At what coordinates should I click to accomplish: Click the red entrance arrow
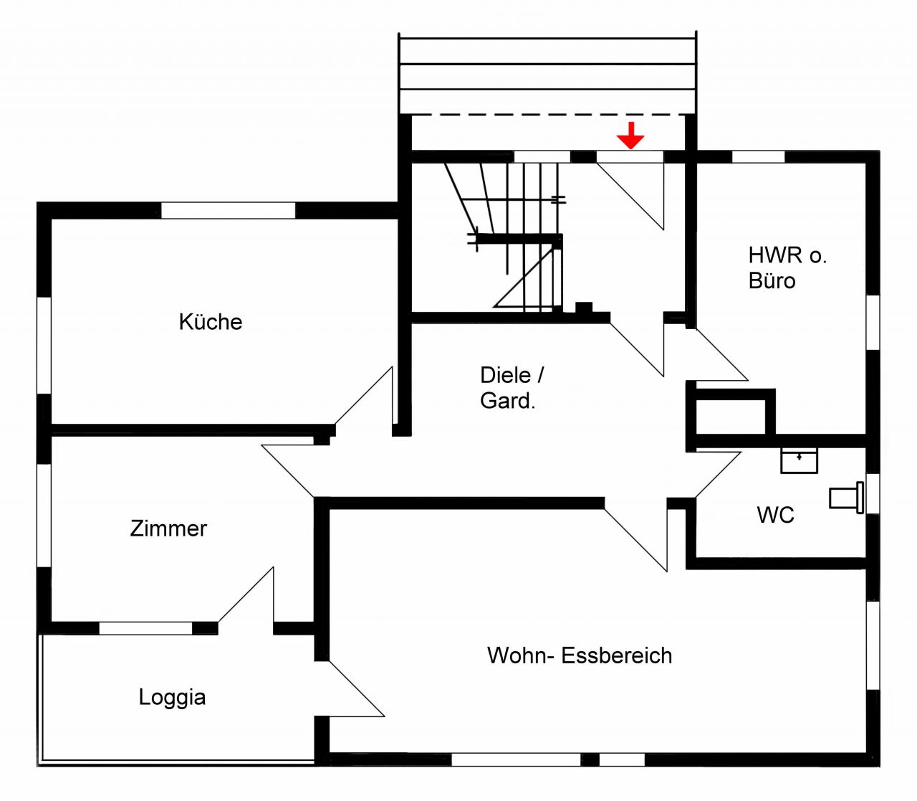(630, 136)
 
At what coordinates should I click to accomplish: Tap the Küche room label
(210, 322)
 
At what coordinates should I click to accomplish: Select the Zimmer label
(168, 529)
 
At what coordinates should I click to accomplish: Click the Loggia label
(172, 697)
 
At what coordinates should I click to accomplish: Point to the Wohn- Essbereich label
(580, 655)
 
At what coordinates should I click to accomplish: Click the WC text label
(775, 515)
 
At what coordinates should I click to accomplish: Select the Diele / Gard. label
(511, 388)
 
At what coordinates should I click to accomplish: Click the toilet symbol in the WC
(846, 498)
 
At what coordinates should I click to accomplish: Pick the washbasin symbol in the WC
(799, 460)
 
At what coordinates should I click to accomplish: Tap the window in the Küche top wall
(228, 210)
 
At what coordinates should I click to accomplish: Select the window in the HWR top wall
(758, 156)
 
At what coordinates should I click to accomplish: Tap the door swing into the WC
(716, 473)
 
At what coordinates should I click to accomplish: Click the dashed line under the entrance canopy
(547, 115)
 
